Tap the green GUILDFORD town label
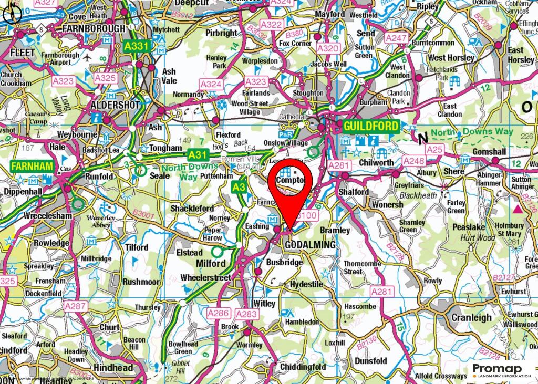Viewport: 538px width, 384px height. pos(370,127)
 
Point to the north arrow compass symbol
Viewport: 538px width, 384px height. pos(9,14)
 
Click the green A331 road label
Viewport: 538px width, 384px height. pos(137,46)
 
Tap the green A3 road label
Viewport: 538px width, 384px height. pos(239,186)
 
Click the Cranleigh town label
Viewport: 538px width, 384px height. pos(472,318)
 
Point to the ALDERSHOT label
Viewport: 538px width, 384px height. pos(115,105)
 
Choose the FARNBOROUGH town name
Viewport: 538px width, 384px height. pos(94,28)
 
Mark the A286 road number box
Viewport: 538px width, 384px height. pos(220,314)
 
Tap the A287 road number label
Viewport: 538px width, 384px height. pos(75,305)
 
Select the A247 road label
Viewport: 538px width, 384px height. pos(396,38)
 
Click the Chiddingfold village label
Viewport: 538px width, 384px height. pos(304,366)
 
